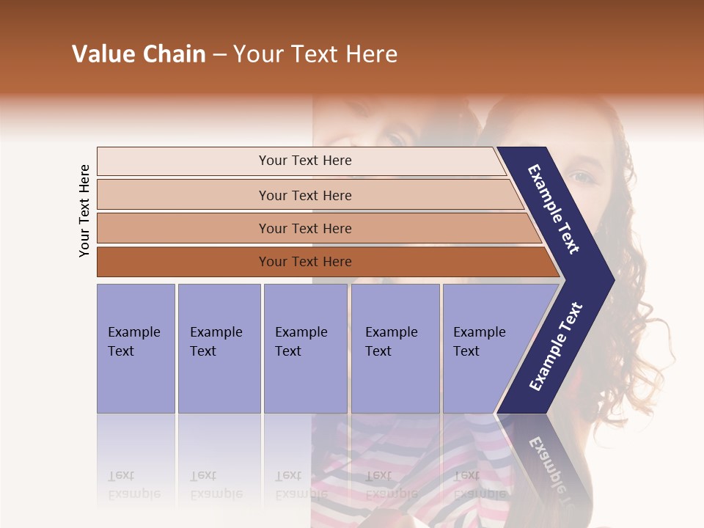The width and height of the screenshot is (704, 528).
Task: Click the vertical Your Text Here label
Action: pyautogui.click(x=84, y=210)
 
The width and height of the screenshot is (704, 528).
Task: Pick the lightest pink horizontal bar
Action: pyautogui.click(x=301, y=161)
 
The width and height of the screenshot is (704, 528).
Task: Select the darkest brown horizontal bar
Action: pyautogui.click(x=323, y=262)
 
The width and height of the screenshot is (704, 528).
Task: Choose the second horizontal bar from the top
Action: pyautogui.click(x=308, y=195)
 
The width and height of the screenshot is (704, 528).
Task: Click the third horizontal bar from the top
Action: pyautogui.click(x=315, y=228)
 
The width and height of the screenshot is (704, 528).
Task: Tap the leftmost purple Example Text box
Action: pyautogui.click(x=136, y=348)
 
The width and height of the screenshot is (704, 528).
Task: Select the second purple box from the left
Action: pyautogui.click(x=219, y=348)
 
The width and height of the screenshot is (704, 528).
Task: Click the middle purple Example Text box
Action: pyautogui.click(x=305, y=348)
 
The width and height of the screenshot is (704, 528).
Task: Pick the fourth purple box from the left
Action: pyautogui.click(x=395, y=348)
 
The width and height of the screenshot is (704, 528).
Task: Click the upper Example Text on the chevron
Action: pyautogui.click(x=554, y=209)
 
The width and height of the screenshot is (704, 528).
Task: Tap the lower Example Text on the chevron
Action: pyautogui.click(x=555, y=347)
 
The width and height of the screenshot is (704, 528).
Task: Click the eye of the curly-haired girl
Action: pyautogui.click(x=581, y=177)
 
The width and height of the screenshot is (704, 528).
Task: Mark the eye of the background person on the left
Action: pyautogui.click(x=396, y=138)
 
